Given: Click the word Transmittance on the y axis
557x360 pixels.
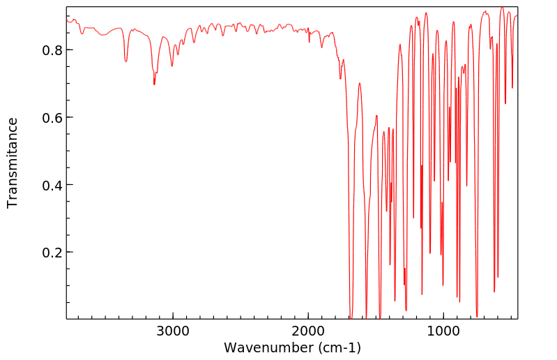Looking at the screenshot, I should (13, 163).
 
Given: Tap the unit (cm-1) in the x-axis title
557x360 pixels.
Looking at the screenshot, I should (339, 347).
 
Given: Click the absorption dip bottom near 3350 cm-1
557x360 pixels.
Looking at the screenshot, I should (126, 61).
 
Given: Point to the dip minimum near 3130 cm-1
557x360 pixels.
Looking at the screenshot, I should (154, 84).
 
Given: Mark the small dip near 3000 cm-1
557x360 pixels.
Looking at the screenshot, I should (172, 66).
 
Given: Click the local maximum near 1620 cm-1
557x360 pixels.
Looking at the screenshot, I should (360, 84).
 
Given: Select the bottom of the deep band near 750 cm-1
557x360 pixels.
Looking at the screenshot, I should (477, 316).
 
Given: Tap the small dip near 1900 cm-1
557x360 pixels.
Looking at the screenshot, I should (321, 47).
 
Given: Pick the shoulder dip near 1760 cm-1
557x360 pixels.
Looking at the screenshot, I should (340, 78).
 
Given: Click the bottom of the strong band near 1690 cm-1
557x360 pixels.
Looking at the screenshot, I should (351, 316).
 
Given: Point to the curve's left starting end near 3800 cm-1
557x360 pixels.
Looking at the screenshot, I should (67, 20).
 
